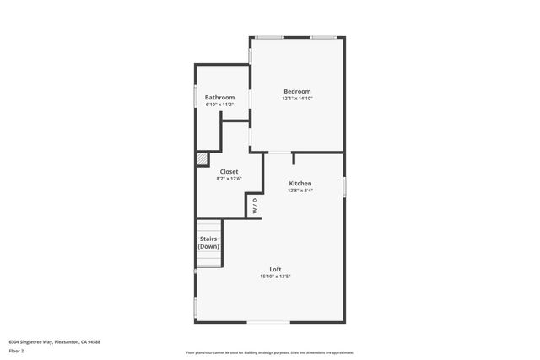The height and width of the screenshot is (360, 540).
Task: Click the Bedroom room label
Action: (x=297, y=91)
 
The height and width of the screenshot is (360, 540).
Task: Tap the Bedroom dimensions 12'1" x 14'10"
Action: (x=297, y=99)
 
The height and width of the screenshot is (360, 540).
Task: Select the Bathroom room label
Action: (x=219, y=97)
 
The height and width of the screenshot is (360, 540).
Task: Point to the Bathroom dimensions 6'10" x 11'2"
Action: (x=219, y=105)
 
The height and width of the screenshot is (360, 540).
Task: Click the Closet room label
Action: (x=229, y=171)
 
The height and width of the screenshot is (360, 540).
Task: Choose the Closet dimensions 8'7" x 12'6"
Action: (x=229, y=179)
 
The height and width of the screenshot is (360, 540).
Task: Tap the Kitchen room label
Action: (x=300, y=183)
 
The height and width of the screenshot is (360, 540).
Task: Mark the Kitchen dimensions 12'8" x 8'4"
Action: (x=300, y=191)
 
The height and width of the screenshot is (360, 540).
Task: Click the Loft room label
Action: (x=275, y=269)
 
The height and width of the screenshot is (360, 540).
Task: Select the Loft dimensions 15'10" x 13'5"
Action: (x=275, y=277)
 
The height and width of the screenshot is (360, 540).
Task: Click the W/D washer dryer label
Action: (x=255, y=207)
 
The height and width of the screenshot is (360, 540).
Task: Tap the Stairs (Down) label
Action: (x=208, y=242)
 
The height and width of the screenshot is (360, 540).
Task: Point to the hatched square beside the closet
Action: (x=202, y=158)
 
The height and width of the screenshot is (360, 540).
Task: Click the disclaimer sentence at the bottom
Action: (x=269, y=352)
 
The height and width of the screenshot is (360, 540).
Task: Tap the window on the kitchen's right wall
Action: (x=343, y=185)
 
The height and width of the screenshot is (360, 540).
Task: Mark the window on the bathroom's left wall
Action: (x=196, y=97)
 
